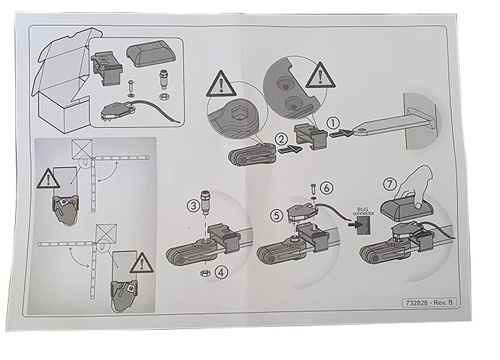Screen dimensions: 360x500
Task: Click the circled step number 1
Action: click(x=334, y=123)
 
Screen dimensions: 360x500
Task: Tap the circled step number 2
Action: click(x=264, y=139)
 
